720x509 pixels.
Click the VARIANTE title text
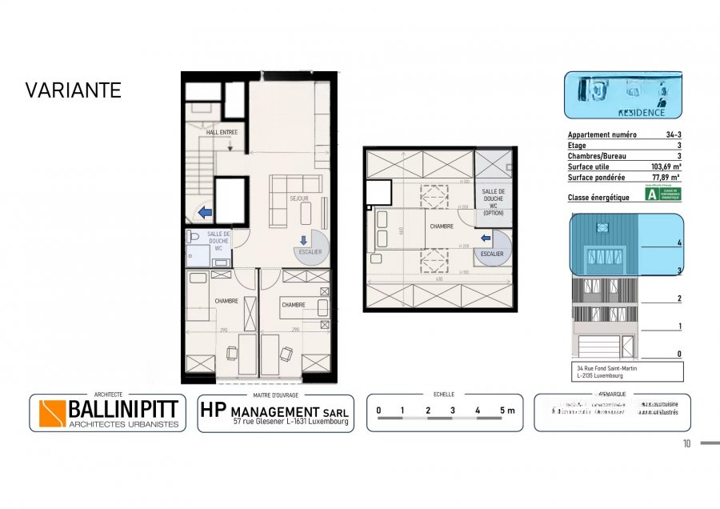73,90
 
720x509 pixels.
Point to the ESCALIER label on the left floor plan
309,252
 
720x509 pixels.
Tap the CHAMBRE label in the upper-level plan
442,226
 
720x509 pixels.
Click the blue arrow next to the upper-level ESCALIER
484,237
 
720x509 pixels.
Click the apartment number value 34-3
673,136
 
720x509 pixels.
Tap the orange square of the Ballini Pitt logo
52,413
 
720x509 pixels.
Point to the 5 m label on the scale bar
506,411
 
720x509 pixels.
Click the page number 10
686,443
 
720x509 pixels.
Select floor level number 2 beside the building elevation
679,299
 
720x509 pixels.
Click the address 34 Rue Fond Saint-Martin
606,368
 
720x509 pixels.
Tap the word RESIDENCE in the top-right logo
642,113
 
